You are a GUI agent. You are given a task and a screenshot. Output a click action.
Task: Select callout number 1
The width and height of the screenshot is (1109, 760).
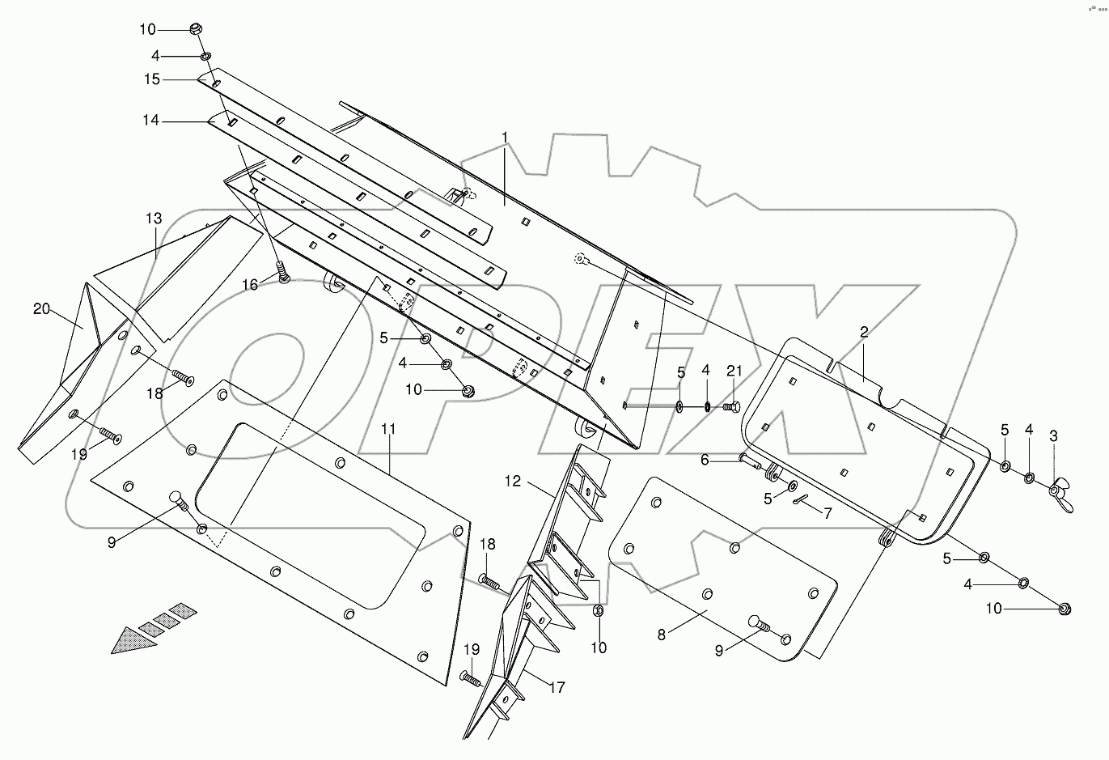(505, 135)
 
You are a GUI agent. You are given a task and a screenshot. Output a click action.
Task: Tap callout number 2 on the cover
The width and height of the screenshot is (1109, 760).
(864, 331)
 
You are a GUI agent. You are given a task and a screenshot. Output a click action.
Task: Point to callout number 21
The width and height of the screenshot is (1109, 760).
(734, 371)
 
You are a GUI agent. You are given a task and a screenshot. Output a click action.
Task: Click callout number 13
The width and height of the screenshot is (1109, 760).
(154, 219)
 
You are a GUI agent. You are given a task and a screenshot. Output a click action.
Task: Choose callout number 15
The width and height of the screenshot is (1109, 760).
(152, 79)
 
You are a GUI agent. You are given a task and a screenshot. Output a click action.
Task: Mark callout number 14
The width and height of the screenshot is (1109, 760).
(150, 121)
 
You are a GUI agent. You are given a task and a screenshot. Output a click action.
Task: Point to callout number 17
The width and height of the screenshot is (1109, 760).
(557, 687)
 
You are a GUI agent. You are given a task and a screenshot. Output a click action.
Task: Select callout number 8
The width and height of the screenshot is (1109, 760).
(662, 635)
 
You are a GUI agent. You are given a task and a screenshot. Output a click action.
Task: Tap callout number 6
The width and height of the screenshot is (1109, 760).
(705, 459)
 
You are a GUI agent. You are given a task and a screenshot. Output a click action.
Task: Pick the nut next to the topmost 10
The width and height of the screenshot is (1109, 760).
(195, 29)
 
